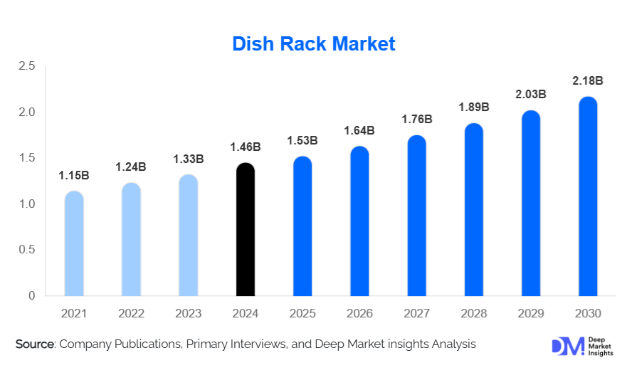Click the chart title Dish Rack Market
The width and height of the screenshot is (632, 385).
[314, 44]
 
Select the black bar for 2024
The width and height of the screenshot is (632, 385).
[245, 229]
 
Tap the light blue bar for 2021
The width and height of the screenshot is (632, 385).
[74, 243]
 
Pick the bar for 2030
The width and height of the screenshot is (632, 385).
[587, 196]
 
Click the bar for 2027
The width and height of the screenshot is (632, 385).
[416, 216]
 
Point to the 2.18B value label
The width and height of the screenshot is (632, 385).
[588, 81]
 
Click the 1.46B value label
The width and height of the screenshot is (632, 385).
[245, 147]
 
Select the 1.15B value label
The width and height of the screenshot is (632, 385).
[73, 175]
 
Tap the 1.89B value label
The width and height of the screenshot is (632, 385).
[473, 107]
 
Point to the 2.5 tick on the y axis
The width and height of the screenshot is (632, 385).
[26, 66]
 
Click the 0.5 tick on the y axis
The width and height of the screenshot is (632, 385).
[26, 250]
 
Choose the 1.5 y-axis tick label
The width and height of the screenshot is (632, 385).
[26, 158]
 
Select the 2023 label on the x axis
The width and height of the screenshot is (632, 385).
[188, 314]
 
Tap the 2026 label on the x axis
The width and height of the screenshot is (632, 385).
[359, 314]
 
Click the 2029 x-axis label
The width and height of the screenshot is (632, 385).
[530, 314]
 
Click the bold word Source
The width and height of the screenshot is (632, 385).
[35, 344]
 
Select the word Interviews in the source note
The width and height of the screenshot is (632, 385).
[284, 344]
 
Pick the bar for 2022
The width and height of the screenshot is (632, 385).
[131, 239]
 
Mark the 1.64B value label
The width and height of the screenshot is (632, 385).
[359, 130]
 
